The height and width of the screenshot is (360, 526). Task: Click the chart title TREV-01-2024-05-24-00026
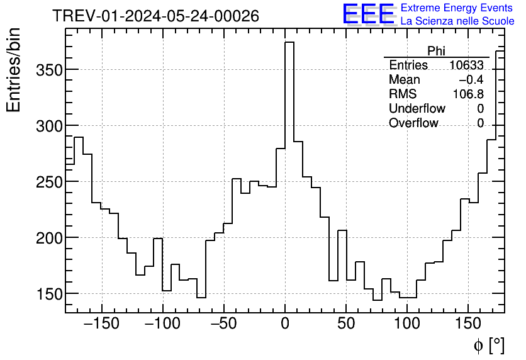(155, 16)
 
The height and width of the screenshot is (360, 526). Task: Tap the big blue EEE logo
(369, 14)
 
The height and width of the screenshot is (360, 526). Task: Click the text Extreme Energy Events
(457, 8)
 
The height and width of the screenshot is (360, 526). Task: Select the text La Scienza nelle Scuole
(457, 21)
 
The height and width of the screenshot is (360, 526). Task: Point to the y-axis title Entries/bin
(14, 70)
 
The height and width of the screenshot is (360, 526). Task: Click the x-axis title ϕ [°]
(488, 345)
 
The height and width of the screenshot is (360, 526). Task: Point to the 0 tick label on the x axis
(285, 325)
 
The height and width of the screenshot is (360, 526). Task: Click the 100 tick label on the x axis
(407, 325)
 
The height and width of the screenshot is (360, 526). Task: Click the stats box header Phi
(436, 51)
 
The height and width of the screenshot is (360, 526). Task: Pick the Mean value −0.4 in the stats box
(471, 80)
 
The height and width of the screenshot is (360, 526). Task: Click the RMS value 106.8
(468, 94)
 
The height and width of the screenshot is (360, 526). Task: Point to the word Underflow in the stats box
(417, 109)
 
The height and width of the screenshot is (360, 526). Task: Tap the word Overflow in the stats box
(413, 123)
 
